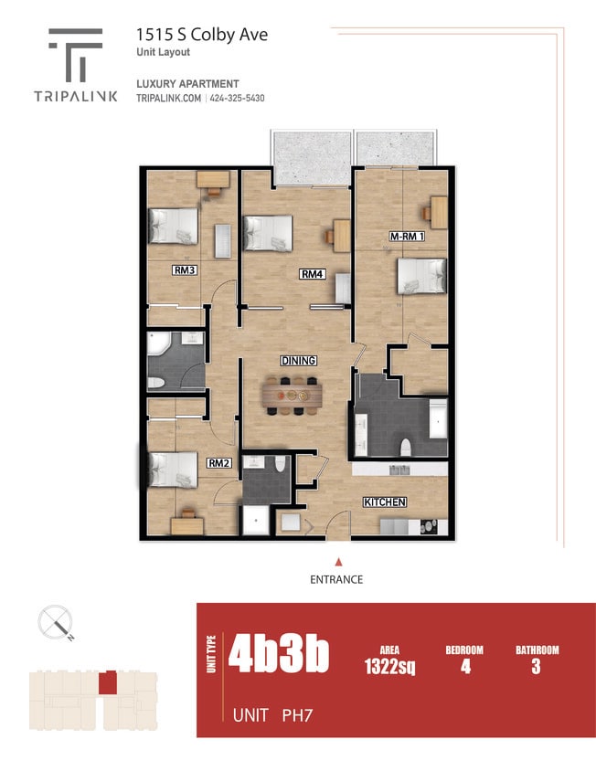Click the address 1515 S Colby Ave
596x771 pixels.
tap(202, 35)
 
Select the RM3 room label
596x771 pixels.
tap(186, 270)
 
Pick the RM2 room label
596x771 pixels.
tap(218, 463)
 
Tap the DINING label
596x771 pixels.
tap(298, 361)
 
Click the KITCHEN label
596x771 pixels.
tap(385, 502)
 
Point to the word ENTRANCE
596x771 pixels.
tap(338, 579)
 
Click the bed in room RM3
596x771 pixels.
tap(174, 226)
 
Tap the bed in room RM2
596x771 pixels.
tap(172, 470)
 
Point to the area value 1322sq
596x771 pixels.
tap(390, 667)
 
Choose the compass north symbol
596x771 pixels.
tap(57, 625)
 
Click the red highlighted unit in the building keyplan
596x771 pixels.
tap(108, 682)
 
